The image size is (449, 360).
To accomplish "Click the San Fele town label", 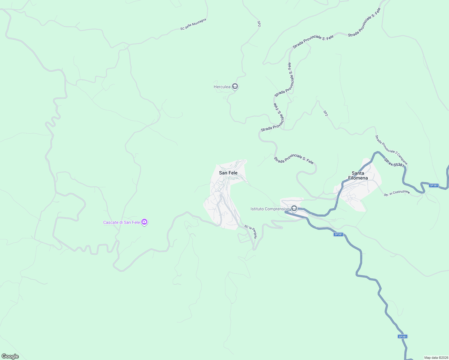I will [x=228, y=173].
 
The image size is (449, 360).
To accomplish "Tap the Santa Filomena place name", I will [x=358, y=175].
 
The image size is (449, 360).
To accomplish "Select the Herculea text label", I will [x=222, y=87].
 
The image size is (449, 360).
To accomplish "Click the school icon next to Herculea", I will [x=235, y=87].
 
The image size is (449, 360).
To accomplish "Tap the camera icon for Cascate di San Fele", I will [x=144, y=222].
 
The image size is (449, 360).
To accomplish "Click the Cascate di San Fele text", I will [x=122, y=222].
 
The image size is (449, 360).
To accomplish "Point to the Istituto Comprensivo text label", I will [x=270, y=209].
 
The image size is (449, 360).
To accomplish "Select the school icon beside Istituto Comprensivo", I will [x=294, y=208].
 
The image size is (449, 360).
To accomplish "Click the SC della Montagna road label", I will [x=193, y=24].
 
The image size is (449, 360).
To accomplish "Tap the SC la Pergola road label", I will [x=251, y=232].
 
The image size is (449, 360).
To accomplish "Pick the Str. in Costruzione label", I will [x=397, y=193].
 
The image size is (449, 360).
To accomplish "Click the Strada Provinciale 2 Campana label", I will [x=391, y=150].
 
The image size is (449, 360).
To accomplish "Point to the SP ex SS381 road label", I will [x=394, y=163].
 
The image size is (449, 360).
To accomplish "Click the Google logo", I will [x=10, y=356].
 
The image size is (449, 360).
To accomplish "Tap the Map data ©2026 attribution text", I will [x=436, y=358].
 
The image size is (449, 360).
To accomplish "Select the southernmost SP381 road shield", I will [x=402, y=337].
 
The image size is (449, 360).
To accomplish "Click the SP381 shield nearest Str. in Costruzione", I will [x=434, y=185].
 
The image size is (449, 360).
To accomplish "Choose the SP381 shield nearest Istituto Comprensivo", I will [x=338, y=234].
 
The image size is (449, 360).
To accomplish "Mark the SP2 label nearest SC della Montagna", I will [x=259, y=24].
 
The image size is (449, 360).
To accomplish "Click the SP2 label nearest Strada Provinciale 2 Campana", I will [x=326, y=113].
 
